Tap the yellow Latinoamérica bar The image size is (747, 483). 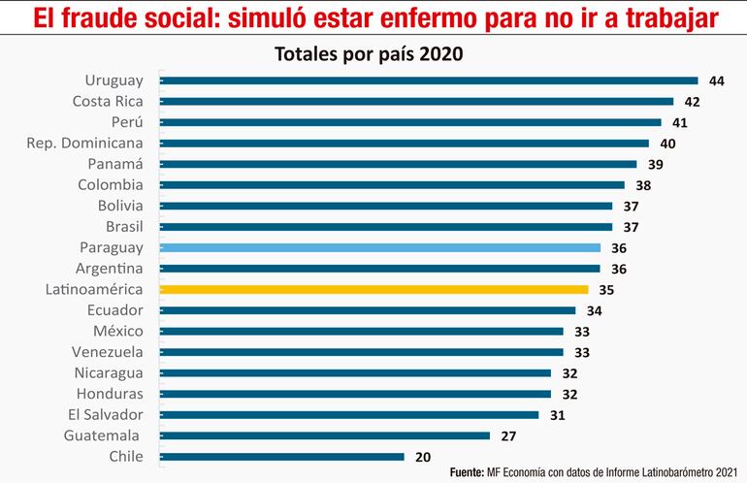(x=373, y=289)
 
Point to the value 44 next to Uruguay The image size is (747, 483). (x=717, y=80)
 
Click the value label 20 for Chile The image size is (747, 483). (x=424, y=457)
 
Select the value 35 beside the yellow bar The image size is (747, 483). (x=606, y=289)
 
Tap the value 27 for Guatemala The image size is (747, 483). (x=508, y=435)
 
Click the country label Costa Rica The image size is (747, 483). (x=108, y=101)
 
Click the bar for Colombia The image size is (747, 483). (x=391, y=184)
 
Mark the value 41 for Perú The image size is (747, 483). (x=681, y=122)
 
